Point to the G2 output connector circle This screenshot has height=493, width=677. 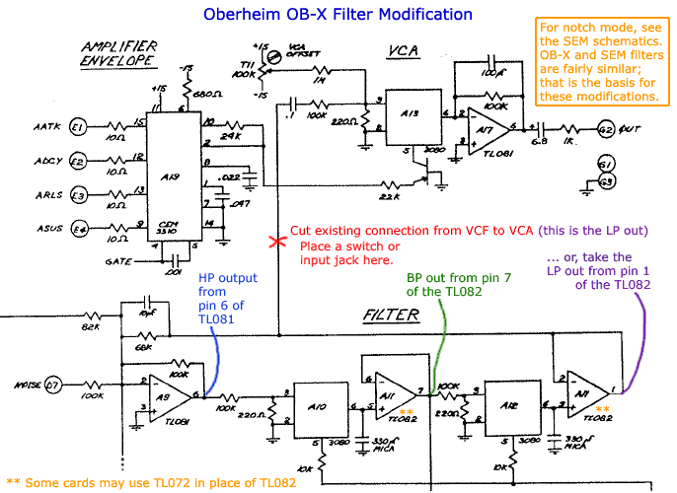pos(605,129)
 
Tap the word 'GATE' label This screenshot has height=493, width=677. pos(118,262)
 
